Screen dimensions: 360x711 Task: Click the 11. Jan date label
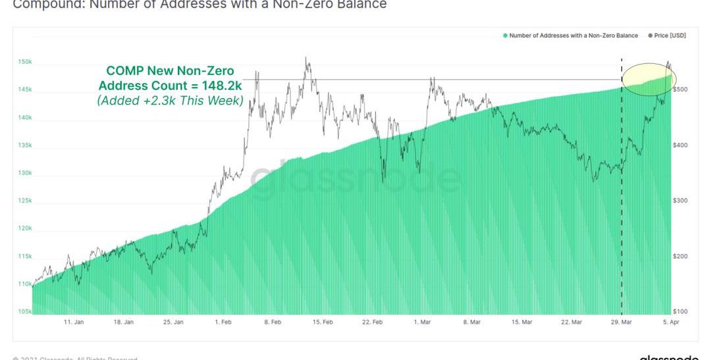(x=74, y=322)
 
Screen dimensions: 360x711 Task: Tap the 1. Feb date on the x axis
(x=223, y=322)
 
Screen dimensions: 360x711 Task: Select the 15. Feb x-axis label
(x=323, y=322)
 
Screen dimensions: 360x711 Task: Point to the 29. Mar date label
(x=621, y=322)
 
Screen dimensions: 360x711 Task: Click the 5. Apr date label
(x=671, y=322)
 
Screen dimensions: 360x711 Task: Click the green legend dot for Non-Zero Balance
(x=505, y=36)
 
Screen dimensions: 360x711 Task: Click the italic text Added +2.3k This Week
(x=170, y=101)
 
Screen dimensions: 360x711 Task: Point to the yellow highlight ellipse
(x=648, y=79)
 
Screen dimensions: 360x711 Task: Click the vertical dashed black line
(x=621, y=197)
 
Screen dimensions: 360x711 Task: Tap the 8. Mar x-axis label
(x=471, y=322)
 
